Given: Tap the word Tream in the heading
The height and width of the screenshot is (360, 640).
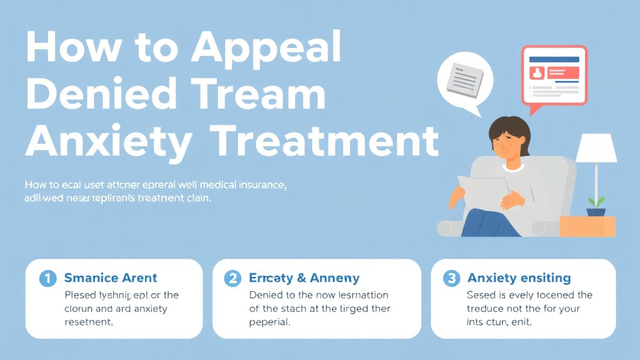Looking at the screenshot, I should [267, 95].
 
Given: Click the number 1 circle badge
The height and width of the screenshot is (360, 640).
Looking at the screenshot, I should [47, 278].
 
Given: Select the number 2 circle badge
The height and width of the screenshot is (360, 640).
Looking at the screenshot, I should [233, 278].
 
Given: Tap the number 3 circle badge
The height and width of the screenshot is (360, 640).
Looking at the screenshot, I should [452, 278].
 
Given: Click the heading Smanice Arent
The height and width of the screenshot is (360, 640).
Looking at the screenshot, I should [111, 278].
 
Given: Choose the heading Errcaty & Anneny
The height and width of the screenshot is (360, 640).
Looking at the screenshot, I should [304, 278].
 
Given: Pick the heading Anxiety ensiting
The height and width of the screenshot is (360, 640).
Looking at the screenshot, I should [519, 278].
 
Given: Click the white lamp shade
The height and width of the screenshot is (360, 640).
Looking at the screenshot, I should [596, 149].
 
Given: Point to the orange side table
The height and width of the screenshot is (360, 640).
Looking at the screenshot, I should [587, 226].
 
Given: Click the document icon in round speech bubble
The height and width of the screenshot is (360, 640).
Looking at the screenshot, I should [465, 78].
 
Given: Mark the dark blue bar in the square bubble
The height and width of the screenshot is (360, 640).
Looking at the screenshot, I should [554, 59].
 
